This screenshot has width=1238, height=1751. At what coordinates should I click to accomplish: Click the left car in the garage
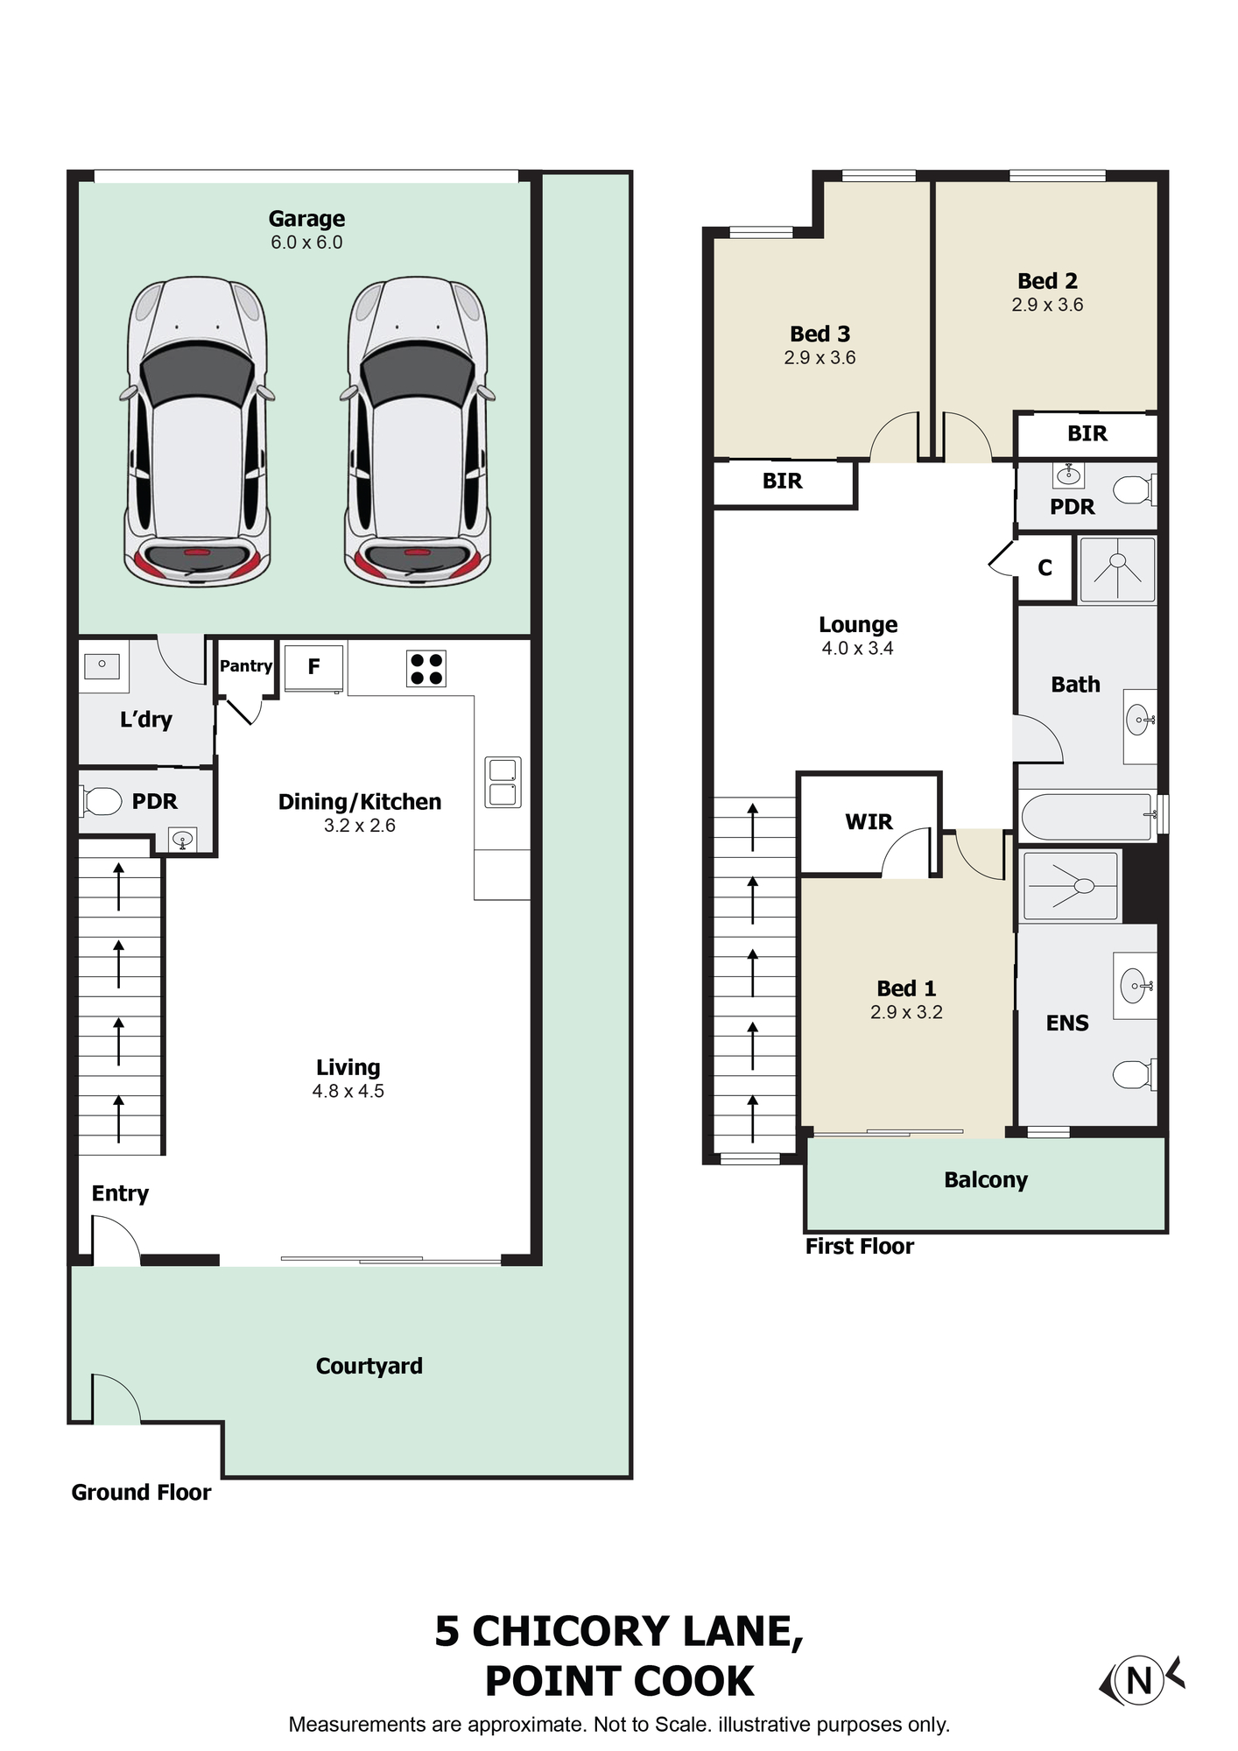(196, 432)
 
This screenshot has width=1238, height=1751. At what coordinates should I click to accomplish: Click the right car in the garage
(417, 432)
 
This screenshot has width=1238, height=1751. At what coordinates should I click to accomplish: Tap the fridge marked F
(313, 667)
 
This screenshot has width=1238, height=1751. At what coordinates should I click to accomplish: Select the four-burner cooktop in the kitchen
(426, 669)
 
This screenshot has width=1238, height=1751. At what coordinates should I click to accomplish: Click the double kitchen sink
(503, 782)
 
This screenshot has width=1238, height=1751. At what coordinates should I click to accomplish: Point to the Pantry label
(246, 666)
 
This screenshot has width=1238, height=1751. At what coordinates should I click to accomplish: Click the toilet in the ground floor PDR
(102, 800)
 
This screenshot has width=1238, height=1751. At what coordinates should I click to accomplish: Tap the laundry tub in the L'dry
(102, 665)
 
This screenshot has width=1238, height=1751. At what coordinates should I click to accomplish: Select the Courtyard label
(369, 1366)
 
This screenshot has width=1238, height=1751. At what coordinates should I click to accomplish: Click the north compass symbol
(1141, 1680)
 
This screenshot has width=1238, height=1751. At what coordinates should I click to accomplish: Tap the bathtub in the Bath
(1088, 817)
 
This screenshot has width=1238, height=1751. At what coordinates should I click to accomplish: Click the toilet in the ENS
(1135, 1073)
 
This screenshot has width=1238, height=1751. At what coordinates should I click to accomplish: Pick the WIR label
(869, 822)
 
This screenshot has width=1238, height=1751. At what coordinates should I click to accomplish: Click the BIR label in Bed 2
(1087, 433)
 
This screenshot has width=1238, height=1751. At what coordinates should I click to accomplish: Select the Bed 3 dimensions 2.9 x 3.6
(819, 357)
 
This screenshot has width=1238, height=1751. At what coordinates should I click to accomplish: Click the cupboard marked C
(1045, 568)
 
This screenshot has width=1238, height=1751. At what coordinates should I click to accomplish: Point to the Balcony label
(986, 1180)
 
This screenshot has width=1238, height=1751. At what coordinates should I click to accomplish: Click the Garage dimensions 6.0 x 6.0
(306, 243)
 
